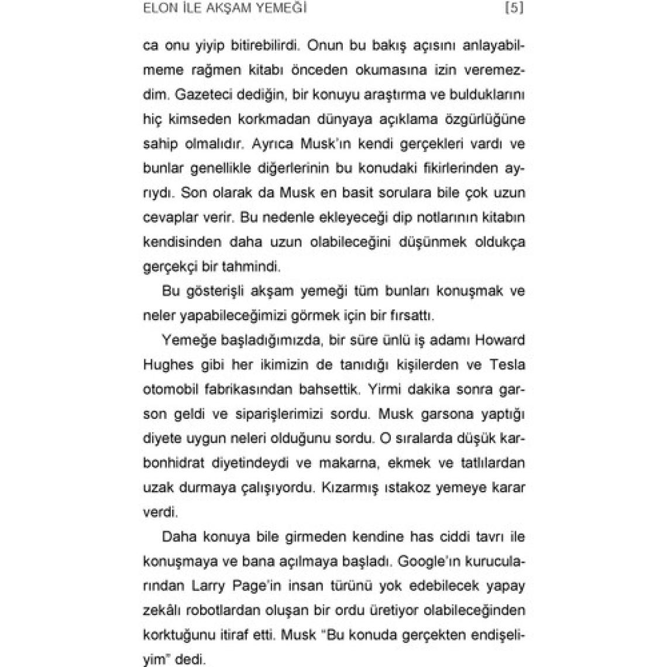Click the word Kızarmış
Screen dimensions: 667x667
point(346,487)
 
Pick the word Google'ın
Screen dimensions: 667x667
point(426,561)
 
